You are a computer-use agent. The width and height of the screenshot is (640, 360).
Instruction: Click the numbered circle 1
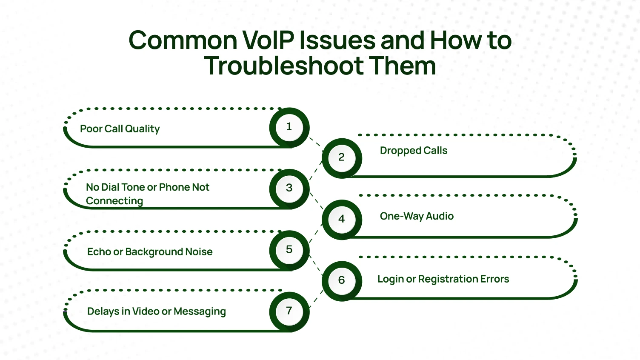[289, 127]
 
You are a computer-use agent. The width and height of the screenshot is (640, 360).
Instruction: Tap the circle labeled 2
[342, 158]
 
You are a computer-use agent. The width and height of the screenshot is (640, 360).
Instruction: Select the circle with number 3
[289, 189]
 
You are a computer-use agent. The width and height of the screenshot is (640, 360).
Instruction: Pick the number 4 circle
[342, 219]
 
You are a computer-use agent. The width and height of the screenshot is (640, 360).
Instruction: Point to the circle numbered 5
[289, 250]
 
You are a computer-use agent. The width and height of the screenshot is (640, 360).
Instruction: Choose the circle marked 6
[342, 280]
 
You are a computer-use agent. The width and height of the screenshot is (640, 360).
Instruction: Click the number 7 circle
[289, 311]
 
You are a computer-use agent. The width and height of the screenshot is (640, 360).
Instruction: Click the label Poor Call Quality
[120, 129]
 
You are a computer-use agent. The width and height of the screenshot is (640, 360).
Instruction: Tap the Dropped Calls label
[414, 151]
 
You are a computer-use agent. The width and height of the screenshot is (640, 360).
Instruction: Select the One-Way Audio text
[417, 216]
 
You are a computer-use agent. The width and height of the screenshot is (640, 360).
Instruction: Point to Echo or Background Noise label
[150, 252]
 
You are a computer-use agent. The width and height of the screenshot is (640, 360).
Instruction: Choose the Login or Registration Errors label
[443, 279]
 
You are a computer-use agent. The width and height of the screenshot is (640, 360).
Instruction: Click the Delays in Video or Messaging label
[157, 311]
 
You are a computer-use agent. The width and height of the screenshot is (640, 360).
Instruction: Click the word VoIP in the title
[268, 40]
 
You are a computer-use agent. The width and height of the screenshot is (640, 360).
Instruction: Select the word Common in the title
[183, 40]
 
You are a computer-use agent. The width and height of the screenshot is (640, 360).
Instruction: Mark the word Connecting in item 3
[114, 201]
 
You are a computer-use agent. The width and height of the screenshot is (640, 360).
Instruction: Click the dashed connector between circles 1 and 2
[315, 142]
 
